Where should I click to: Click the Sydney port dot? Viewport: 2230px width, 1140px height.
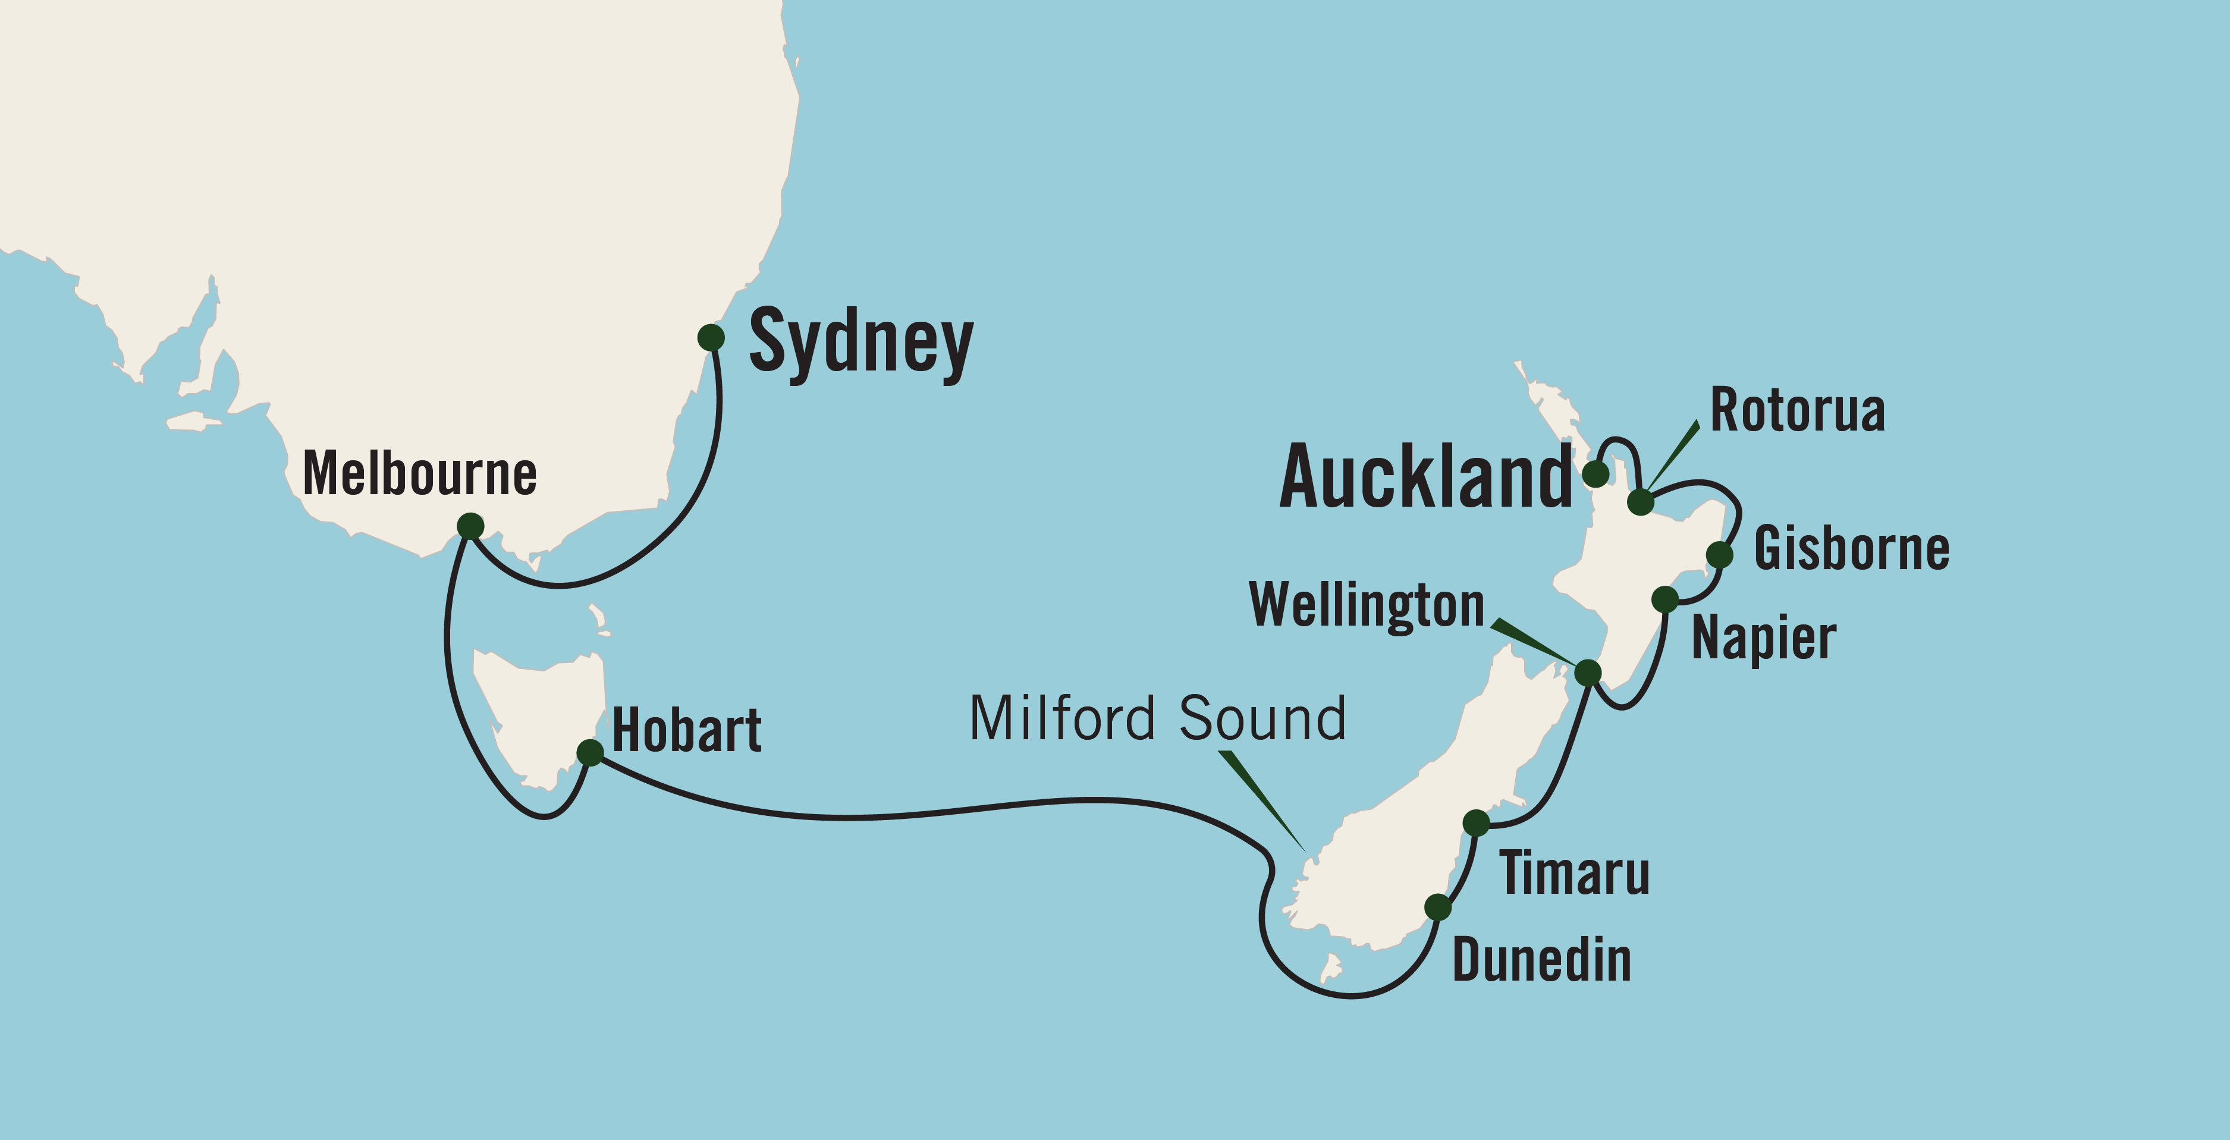[711, 338]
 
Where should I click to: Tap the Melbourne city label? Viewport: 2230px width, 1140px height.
[420, 475]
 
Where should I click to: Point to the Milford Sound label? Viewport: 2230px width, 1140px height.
[1157, 718]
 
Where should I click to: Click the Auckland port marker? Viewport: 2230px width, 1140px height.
[1595, 473]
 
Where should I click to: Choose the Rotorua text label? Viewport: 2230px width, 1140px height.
[1797, 410]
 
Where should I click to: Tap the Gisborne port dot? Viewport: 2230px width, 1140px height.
[1719, 554]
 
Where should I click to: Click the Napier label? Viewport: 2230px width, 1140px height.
[1763, 639]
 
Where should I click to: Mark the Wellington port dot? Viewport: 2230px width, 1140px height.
[1588, 672]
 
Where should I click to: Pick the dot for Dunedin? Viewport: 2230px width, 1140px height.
[1437, 907]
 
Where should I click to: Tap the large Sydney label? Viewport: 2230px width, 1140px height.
[860, 343]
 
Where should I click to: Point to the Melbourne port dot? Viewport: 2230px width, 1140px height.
[470, 526]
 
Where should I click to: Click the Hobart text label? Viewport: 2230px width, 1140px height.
[686, 731]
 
